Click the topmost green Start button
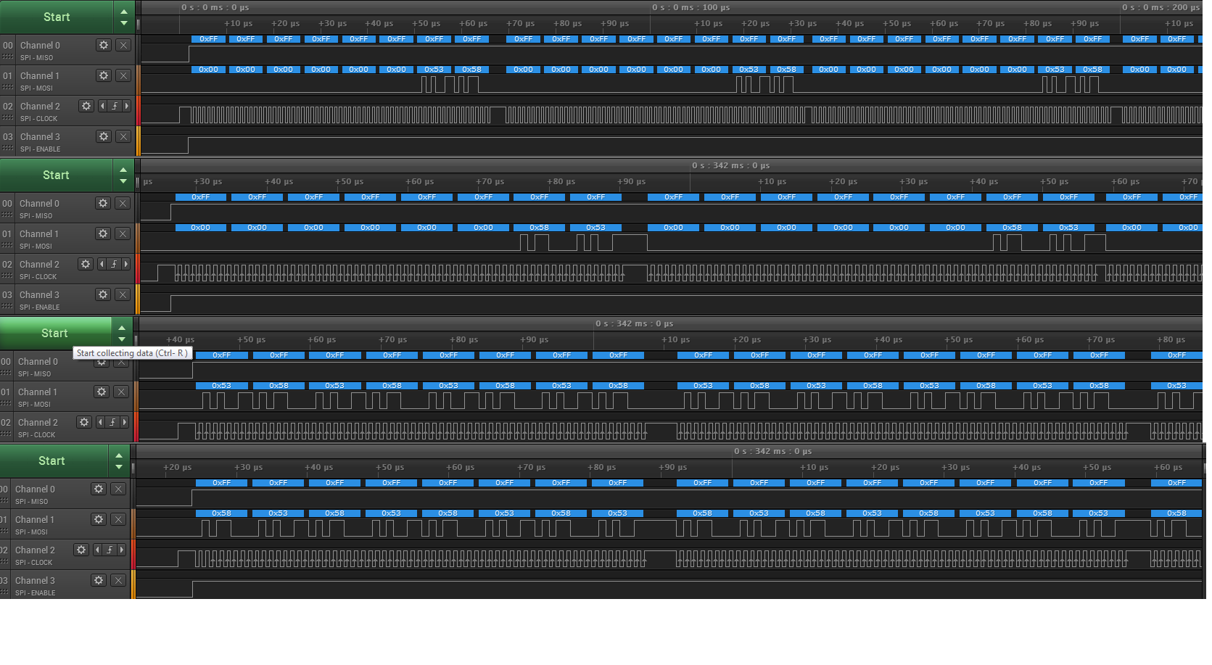[57, 17]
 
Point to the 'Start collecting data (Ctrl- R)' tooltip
[132, 353]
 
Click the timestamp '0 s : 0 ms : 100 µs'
[690, 7]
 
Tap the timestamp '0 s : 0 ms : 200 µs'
[1161, 7]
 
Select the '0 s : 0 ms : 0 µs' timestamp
[215, 7]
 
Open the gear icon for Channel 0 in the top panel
[104, 45]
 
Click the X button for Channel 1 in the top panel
[123, 75]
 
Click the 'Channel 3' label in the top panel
[40, 136]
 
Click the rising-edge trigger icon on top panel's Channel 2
[115, 106]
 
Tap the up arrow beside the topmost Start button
[124, 12]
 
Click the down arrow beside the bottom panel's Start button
[119, 466]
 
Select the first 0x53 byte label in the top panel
[434, 70]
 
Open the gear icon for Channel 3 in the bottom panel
[99, 580]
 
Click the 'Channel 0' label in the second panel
[39, 203]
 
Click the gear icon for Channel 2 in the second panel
[86, 264]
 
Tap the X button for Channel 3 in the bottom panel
[118, 580]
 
